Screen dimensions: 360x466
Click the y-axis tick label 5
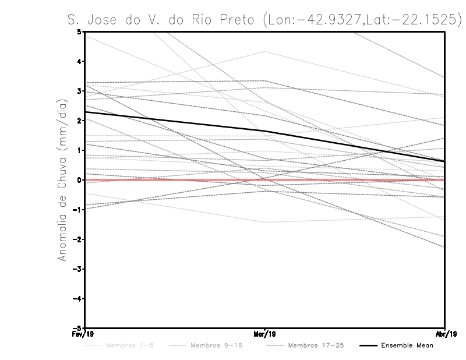[x=79, y=31]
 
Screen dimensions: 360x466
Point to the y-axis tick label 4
[x=79, y=61]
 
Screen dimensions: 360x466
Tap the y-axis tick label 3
[x=79, y=91]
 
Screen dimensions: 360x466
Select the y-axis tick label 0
[x=79, y=180]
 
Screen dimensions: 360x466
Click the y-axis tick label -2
[x=77, y=239]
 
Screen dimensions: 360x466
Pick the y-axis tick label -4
[x=77, y=299]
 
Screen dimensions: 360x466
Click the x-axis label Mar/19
[x=265, y=334]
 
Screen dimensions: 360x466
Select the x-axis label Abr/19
[x=445, y=334]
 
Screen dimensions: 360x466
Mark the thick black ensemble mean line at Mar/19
[x=265, y=131]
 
